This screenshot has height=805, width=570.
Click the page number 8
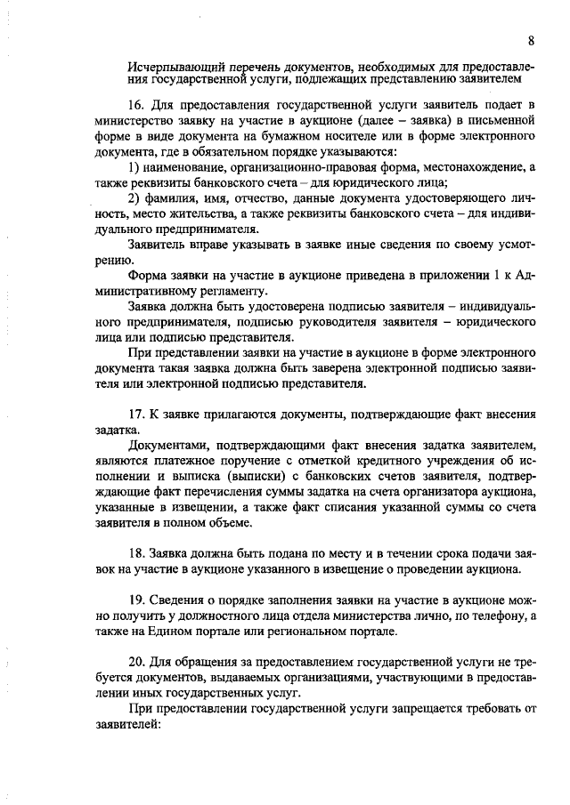pyautogui.click(x=531, y=40)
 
